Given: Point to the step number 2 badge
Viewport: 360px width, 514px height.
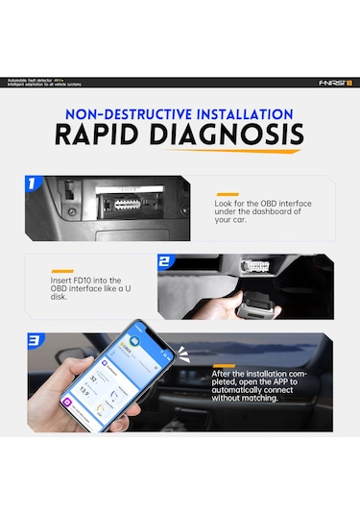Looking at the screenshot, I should pyautogui.click(x=165, y=261).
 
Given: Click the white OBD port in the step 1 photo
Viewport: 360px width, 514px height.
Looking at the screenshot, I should pyautogui.click(x=122, y=204).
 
